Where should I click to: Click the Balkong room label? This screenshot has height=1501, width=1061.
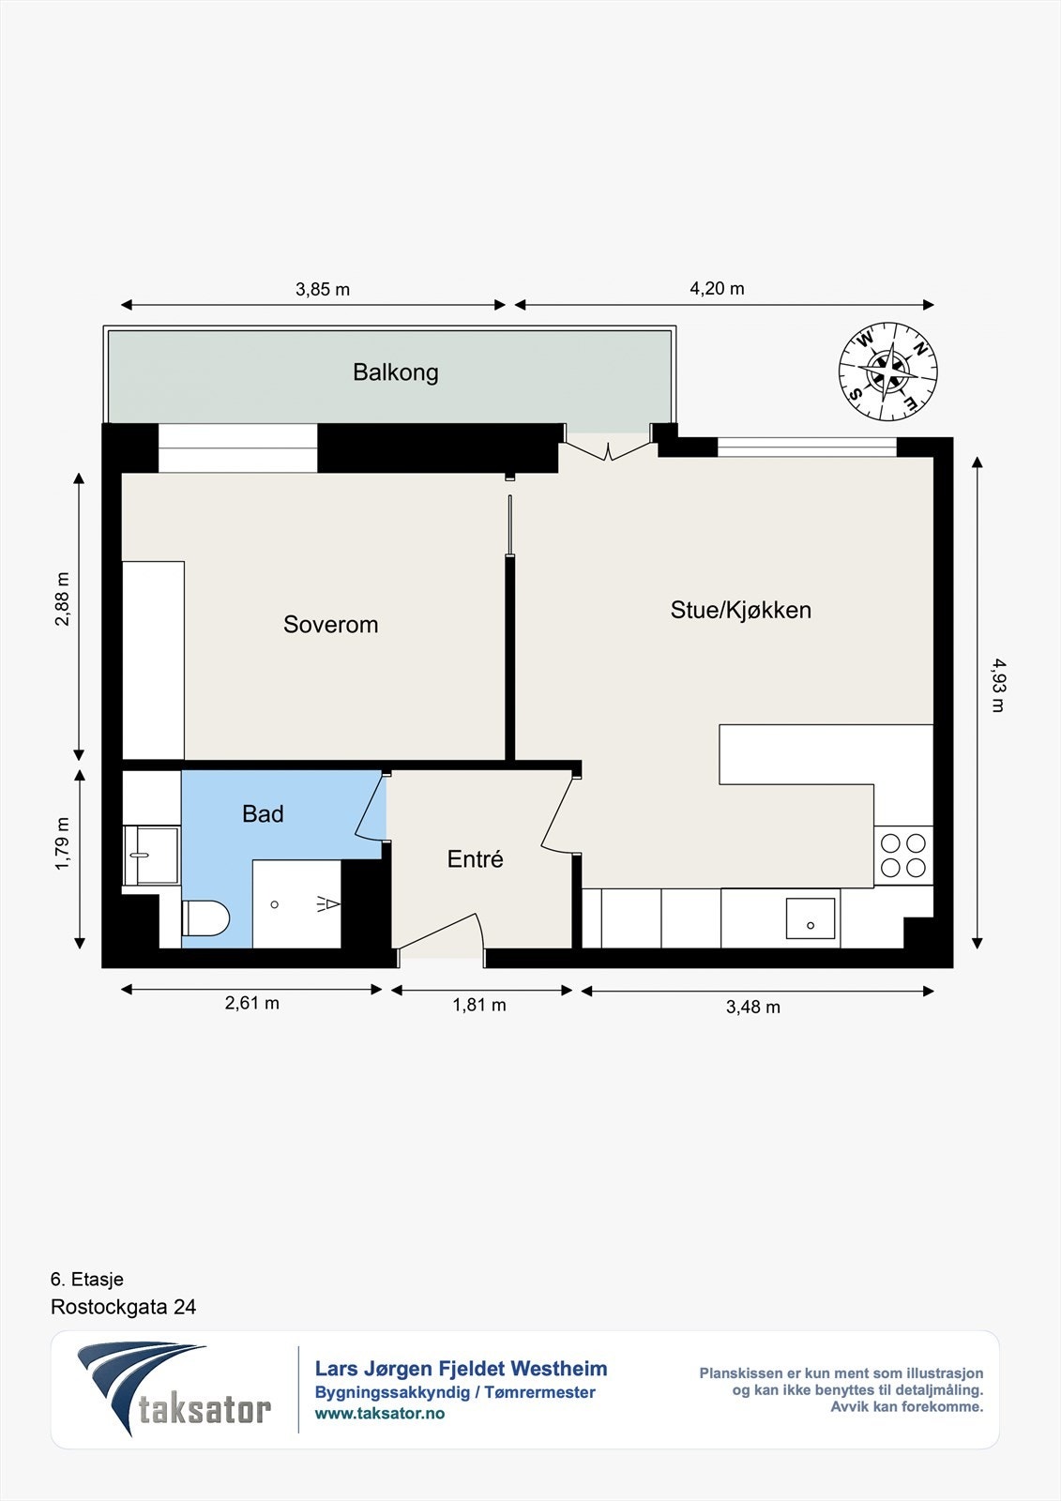tap(396, 371)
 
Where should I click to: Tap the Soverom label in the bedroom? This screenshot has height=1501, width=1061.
tap(330, 625)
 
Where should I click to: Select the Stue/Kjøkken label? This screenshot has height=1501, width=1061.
tap(740, 610)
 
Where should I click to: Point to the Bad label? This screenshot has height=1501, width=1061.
tap(263, 813)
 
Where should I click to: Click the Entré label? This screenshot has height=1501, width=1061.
tap(476, 859)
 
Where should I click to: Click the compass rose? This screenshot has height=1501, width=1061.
tap(888, 371)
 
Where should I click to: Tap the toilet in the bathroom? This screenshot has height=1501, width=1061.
tap(205, 918)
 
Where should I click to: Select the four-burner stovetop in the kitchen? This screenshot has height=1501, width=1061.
tap(902, 855)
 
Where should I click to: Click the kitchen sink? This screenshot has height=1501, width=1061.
tap(811, 918)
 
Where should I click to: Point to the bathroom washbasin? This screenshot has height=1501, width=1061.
tap(151, 856)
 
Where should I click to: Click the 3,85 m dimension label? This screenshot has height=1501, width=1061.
tap(323, 290)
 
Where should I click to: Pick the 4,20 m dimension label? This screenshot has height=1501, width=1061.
tap(717, 288)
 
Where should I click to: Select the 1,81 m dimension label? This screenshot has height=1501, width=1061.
tap(479, 1005)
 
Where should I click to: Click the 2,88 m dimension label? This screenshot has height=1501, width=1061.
tap(62, 599)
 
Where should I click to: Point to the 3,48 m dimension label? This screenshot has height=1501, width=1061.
tap(752, 1008)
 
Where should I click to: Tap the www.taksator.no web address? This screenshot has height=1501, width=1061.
tap(379, 1413)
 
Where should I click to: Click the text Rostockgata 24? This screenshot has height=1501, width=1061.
tap(123, 1307)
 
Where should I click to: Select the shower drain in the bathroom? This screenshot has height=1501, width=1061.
tap(274, 904)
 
